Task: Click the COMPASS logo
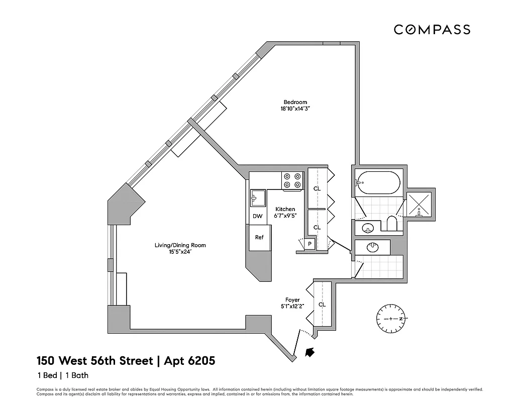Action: [432, 30]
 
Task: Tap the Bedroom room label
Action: [294, 102]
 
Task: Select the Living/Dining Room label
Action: [180, 245]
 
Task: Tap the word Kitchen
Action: [285, 209]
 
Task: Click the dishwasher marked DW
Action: [257, 217]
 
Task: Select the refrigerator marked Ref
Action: [259, 238]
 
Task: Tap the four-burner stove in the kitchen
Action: [292, 181]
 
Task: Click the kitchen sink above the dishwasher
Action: [258, 197]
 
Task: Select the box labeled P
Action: [310, 244]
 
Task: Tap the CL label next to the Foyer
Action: [322, 305]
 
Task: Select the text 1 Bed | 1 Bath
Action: [63, 375]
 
